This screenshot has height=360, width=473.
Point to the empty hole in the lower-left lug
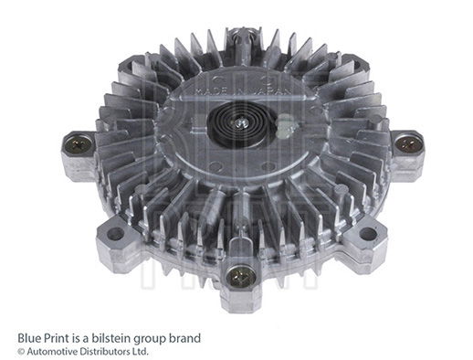(x=114, y=234)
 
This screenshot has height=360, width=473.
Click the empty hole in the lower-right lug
(x=368, y=233)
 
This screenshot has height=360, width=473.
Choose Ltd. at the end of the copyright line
(x=139, y=351)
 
